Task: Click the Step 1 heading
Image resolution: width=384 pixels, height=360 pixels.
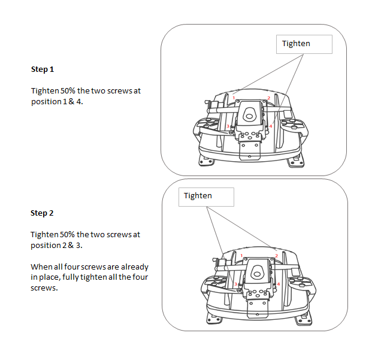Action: (x=43, y=69)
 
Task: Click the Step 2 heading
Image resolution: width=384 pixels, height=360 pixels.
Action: (x=43, y=213)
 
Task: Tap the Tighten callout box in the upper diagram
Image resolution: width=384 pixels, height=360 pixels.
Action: (x=304, y=44)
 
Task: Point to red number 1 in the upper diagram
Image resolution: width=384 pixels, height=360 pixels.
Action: (x=234, y=98)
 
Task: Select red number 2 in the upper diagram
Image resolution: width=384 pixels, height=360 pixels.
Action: (x=269, y=98)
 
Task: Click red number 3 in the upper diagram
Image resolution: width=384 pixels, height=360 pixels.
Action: (x=228, y=126)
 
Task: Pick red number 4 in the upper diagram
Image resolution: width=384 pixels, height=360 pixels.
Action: (x=271, y=126)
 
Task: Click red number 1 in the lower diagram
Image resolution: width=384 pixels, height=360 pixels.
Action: (x=241, y=256)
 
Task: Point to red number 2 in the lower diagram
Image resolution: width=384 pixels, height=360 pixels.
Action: (x=276, y=256)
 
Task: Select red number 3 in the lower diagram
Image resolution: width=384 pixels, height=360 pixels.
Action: (x=236, y=284)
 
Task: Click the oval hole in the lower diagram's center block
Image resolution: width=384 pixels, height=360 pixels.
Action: (x=258, y=273)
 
